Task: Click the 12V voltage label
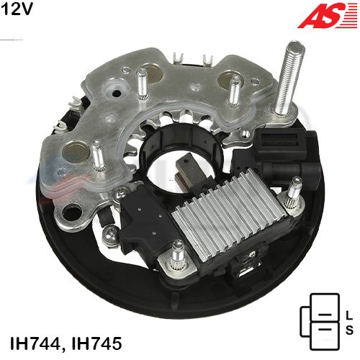[x=17, y=9]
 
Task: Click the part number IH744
[x=35, y=343]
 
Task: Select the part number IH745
[x=96, y=343]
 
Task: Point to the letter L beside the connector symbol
[x=349, y=315]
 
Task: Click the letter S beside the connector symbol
[x=349, y=329]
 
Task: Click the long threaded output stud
[x=289, y=78]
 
